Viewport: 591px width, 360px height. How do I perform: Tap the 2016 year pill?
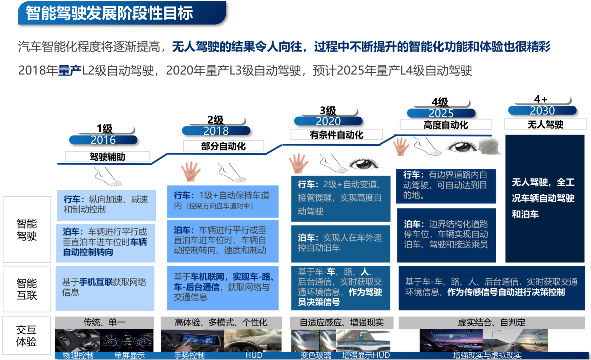[103, 140]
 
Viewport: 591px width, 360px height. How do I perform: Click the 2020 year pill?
[328, 121]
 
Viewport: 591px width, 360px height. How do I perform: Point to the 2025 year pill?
[441, 113]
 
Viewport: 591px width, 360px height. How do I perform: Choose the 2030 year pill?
[542, 111]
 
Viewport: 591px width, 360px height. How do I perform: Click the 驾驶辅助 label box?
[107, 157]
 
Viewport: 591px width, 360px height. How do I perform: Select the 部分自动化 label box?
[223, 146]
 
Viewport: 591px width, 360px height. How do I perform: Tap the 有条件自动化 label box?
[336, 135]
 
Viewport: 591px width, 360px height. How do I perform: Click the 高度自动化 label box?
[446, 125]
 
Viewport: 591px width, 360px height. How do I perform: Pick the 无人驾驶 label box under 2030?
[545, 124]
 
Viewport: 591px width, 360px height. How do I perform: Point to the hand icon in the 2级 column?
[191, 171]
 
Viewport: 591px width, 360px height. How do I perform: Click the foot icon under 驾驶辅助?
[107, 177]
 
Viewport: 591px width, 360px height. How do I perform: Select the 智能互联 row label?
[27, 289]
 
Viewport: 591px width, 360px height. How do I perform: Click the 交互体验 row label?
[26, 336]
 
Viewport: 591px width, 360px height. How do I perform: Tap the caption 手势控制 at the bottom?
[189, 355]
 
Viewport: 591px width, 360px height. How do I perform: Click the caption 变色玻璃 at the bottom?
[316, 355]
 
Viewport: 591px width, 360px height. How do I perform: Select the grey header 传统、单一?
[104, 322]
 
